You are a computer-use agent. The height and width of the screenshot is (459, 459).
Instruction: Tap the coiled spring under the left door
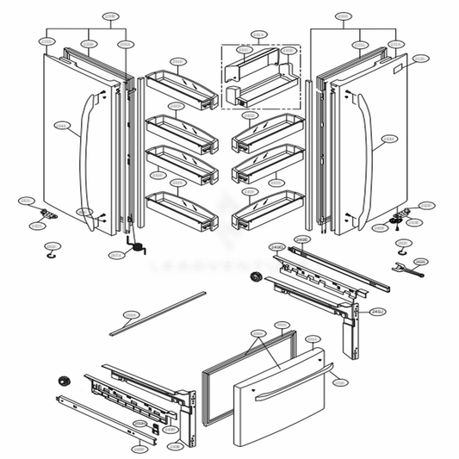(x=137, y=246)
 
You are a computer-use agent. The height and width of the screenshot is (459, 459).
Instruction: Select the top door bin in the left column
(x=180, y=89)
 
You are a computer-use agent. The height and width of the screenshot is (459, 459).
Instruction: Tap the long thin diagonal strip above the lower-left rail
(x=158, y=312)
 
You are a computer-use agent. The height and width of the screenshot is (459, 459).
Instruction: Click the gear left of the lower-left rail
(x=61, y=381)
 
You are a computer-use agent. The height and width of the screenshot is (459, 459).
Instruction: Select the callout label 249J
(x=377, y=312)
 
